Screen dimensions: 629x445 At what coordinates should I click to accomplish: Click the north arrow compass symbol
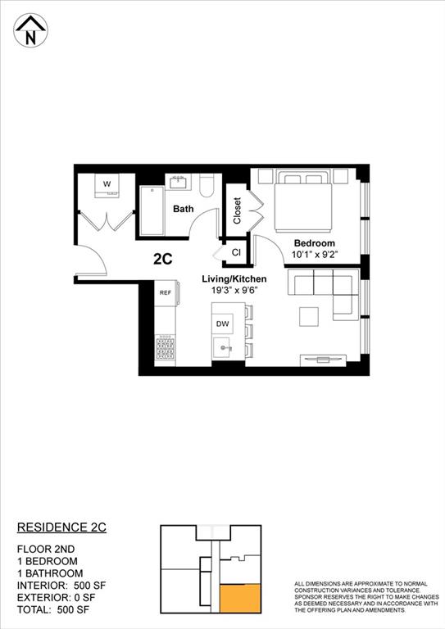[31, 32]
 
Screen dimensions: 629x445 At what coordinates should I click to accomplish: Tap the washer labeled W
[107, 185]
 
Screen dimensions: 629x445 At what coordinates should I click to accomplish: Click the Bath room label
[183, 209]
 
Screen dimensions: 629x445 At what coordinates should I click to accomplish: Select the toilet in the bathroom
[207, 186]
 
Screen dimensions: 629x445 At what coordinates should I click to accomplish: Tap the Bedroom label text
[315, 244]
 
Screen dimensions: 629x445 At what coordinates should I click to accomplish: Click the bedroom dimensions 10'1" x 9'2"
[315, 256]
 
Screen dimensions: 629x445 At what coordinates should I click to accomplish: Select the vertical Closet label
[237, 211]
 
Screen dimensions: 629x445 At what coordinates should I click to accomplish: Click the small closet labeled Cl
[235, 253]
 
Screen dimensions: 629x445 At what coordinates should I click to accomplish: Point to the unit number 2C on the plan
[162, 259]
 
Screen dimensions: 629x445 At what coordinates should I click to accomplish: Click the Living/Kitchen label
[234, 279]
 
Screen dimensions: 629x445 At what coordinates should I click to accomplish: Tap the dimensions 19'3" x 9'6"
[234, 291]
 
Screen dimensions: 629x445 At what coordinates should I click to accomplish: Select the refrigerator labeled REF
[165, 292]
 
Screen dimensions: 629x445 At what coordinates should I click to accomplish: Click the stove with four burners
[165, 347]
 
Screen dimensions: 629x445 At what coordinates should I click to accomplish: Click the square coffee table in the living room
[309, 316]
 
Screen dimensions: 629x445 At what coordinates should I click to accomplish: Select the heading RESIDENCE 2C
[62, 527]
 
